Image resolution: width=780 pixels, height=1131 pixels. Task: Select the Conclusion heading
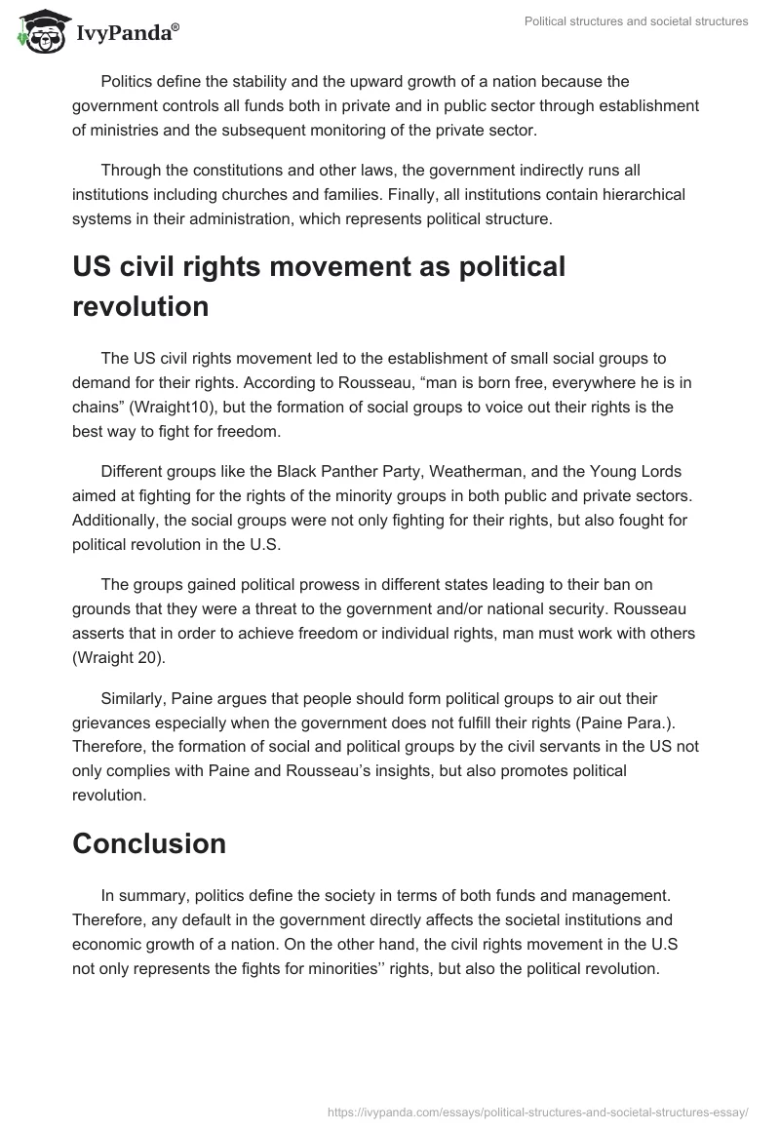pos(149,843)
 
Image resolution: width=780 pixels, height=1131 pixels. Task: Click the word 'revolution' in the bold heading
pos(140,306)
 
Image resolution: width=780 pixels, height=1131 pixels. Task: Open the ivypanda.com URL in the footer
pos(539,1111)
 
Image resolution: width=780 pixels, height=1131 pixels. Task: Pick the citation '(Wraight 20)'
pos(119,658)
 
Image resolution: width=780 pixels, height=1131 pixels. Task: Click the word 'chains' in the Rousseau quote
pos(97,407)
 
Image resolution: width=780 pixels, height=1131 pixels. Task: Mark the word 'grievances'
pos(113,722)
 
